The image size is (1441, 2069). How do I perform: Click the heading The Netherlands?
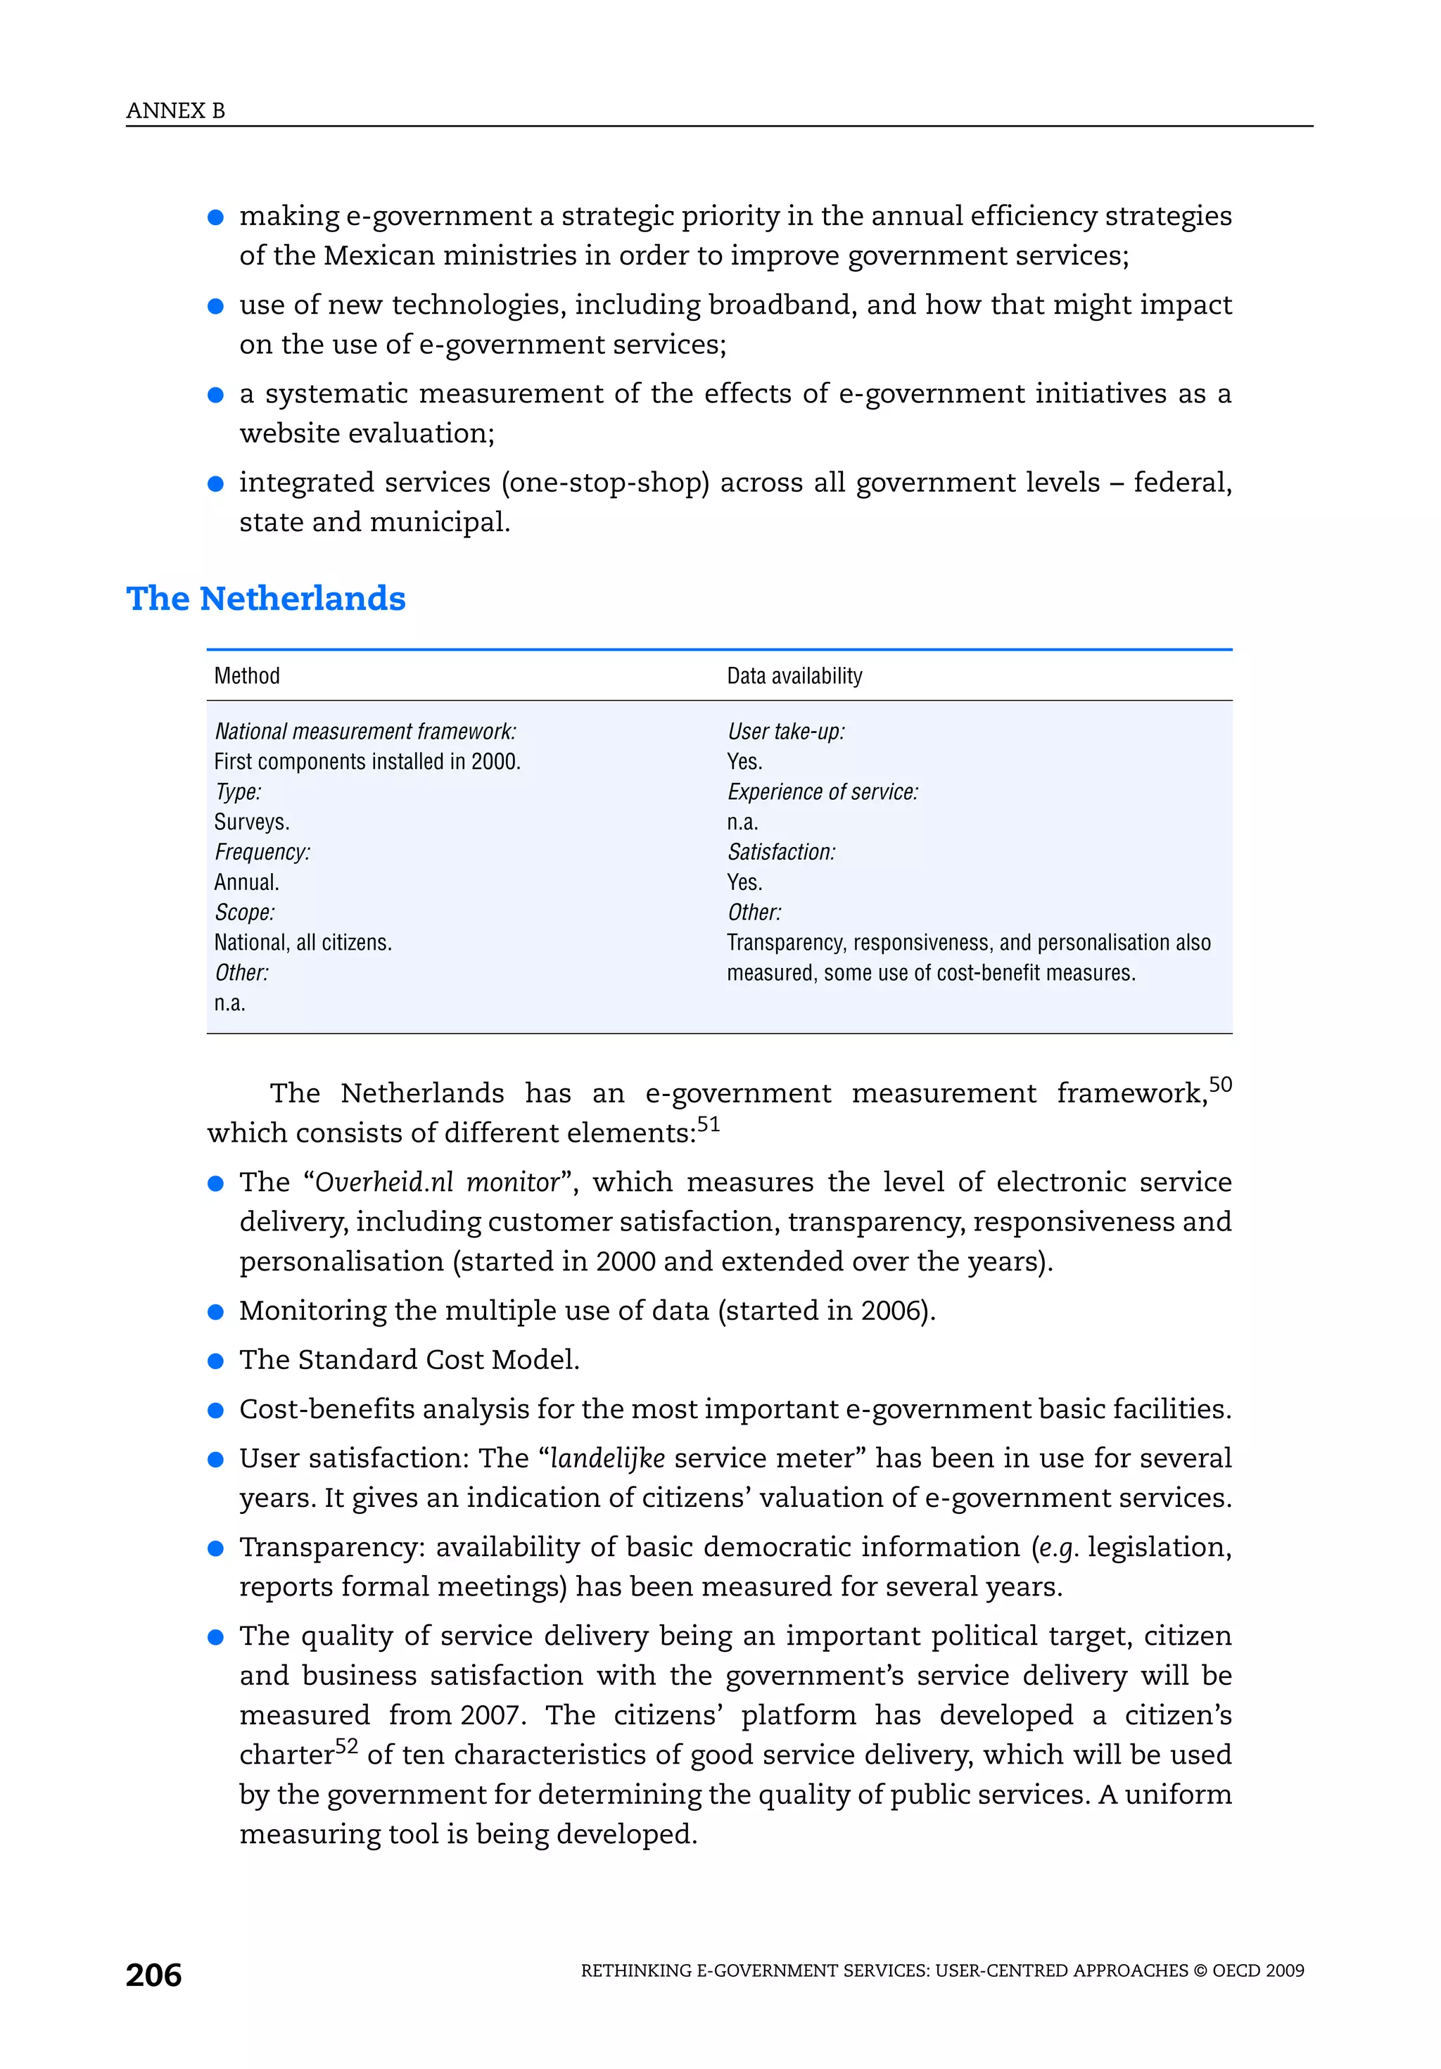click(x=266, y=599)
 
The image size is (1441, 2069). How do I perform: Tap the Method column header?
click(x=247, y=676)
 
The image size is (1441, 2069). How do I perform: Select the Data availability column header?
click(x=794, y=676)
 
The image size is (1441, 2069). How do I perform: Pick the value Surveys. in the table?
click(x=251, y=822)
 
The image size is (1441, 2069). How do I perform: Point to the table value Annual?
click(x=246, y=882)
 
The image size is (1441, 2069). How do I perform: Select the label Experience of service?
click(x=822, y=792)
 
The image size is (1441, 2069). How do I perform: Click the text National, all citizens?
click(x=303, y=943)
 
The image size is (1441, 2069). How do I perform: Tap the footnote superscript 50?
click(x=1220, y=1084)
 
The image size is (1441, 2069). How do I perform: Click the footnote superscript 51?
click(x=709, y=1123)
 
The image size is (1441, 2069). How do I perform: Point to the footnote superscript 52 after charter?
click(x=347, y=1746)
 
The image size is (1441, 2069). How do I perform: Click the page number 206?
click(x=154, y=1975)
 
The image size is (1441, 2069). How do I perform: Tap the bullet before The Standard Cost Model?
click(x=215, y=1361)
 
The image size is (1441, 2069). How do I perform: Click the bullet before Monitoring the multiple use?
click(x=215, y=1312)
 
